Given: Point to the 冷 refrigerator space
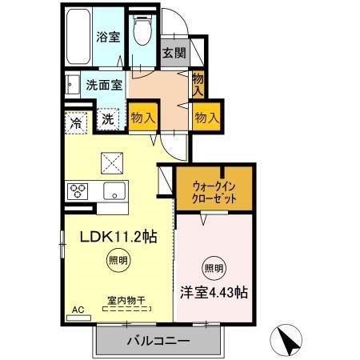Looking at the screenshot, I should click(x=76, y=124).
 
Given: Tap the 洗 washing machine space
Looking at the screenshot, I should click(x=108, y=120).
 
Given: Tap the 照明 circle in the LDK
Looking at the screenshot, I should click(x=117, y=260).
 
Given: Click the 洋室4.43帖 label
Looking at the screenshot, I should click(x=212, y=292).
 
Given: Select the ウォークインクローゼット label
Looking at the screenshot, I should click(x=215, y=190).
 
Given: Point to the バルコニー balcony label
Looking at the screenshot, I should click(x=158, y=341).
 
